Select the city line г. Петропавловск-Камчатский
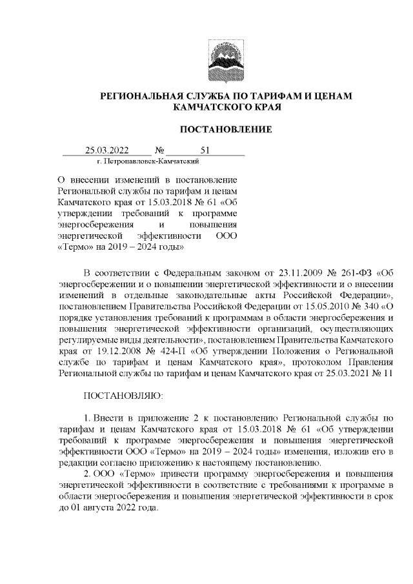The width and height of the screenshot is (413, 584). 138,163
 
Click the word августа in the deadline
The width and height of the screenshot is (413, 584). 97,507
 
